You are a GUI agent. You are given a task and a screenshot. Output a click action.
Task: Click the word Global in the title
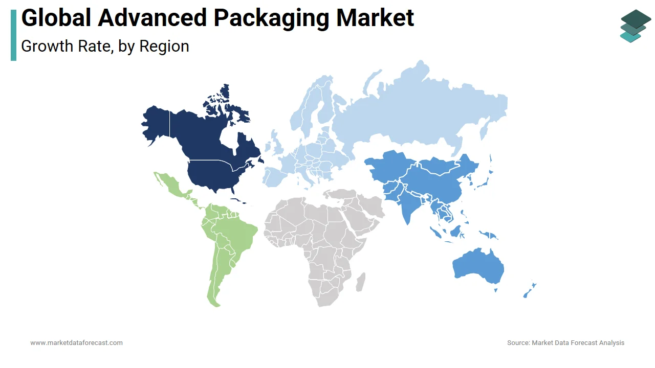pyautogui.click(x=56, y=18)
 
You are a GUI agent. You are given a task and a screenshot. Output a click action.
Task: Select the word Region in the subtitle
pyautogui.click(x=164, y=46)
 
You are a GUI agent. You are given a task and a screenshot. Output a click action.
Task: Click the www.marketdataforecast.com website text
pyautogui.click(x=76, y=342)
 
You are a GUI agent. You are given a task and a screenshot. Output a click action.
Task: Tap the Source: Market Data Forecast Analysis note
pyautogui.click(x=565, y=342)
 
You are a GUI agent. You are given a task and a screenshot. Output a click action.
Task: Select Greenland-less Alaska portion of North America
pyautogui.click(x=156, y=123)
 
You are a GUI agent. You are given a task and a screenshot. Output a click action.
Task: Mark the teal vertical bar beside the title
pyautogui.click(x=13, y=35)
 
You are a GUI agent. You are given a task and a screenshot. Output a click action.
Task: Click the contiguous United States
pyautogui.click(x=215, y=174)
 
